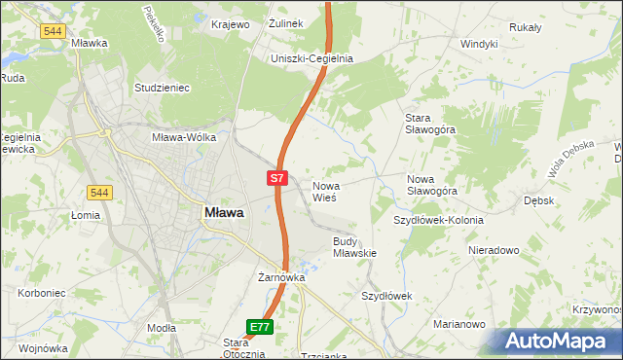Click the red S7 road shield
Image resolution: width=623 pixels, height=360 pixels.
click(277, 178)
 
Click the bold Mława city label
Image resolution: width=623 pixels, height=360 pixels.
click(223, 211)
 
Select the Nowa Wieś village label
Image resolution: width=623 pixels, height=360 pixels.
click(324, 191)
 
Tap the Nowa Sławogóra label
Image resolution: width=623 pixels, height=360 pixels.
click(432, 185)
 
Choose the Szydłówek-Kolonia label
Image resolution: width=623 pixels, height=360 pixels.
click(438, 220)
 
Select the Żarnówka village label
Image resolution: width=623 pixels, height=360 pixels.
click(281, 277)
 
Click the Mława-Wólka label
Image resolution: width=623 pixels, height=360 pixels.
click(183, 137)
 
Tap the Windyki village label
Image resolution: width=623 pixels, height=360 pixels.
click(479, 44)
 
